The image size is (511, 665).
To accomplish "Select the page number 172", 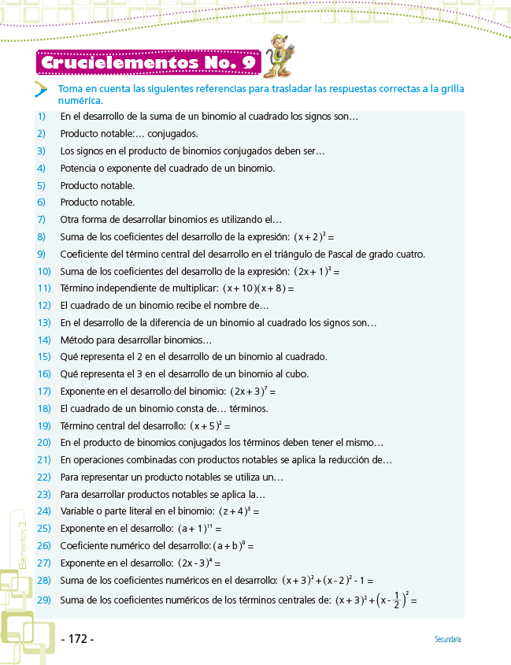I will (x=77, y=639).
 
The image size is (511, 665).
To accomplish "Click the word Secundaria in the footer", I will (x=448, y=640).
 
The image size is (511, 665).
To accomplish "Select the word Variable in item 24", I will (x=79, y=511).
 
